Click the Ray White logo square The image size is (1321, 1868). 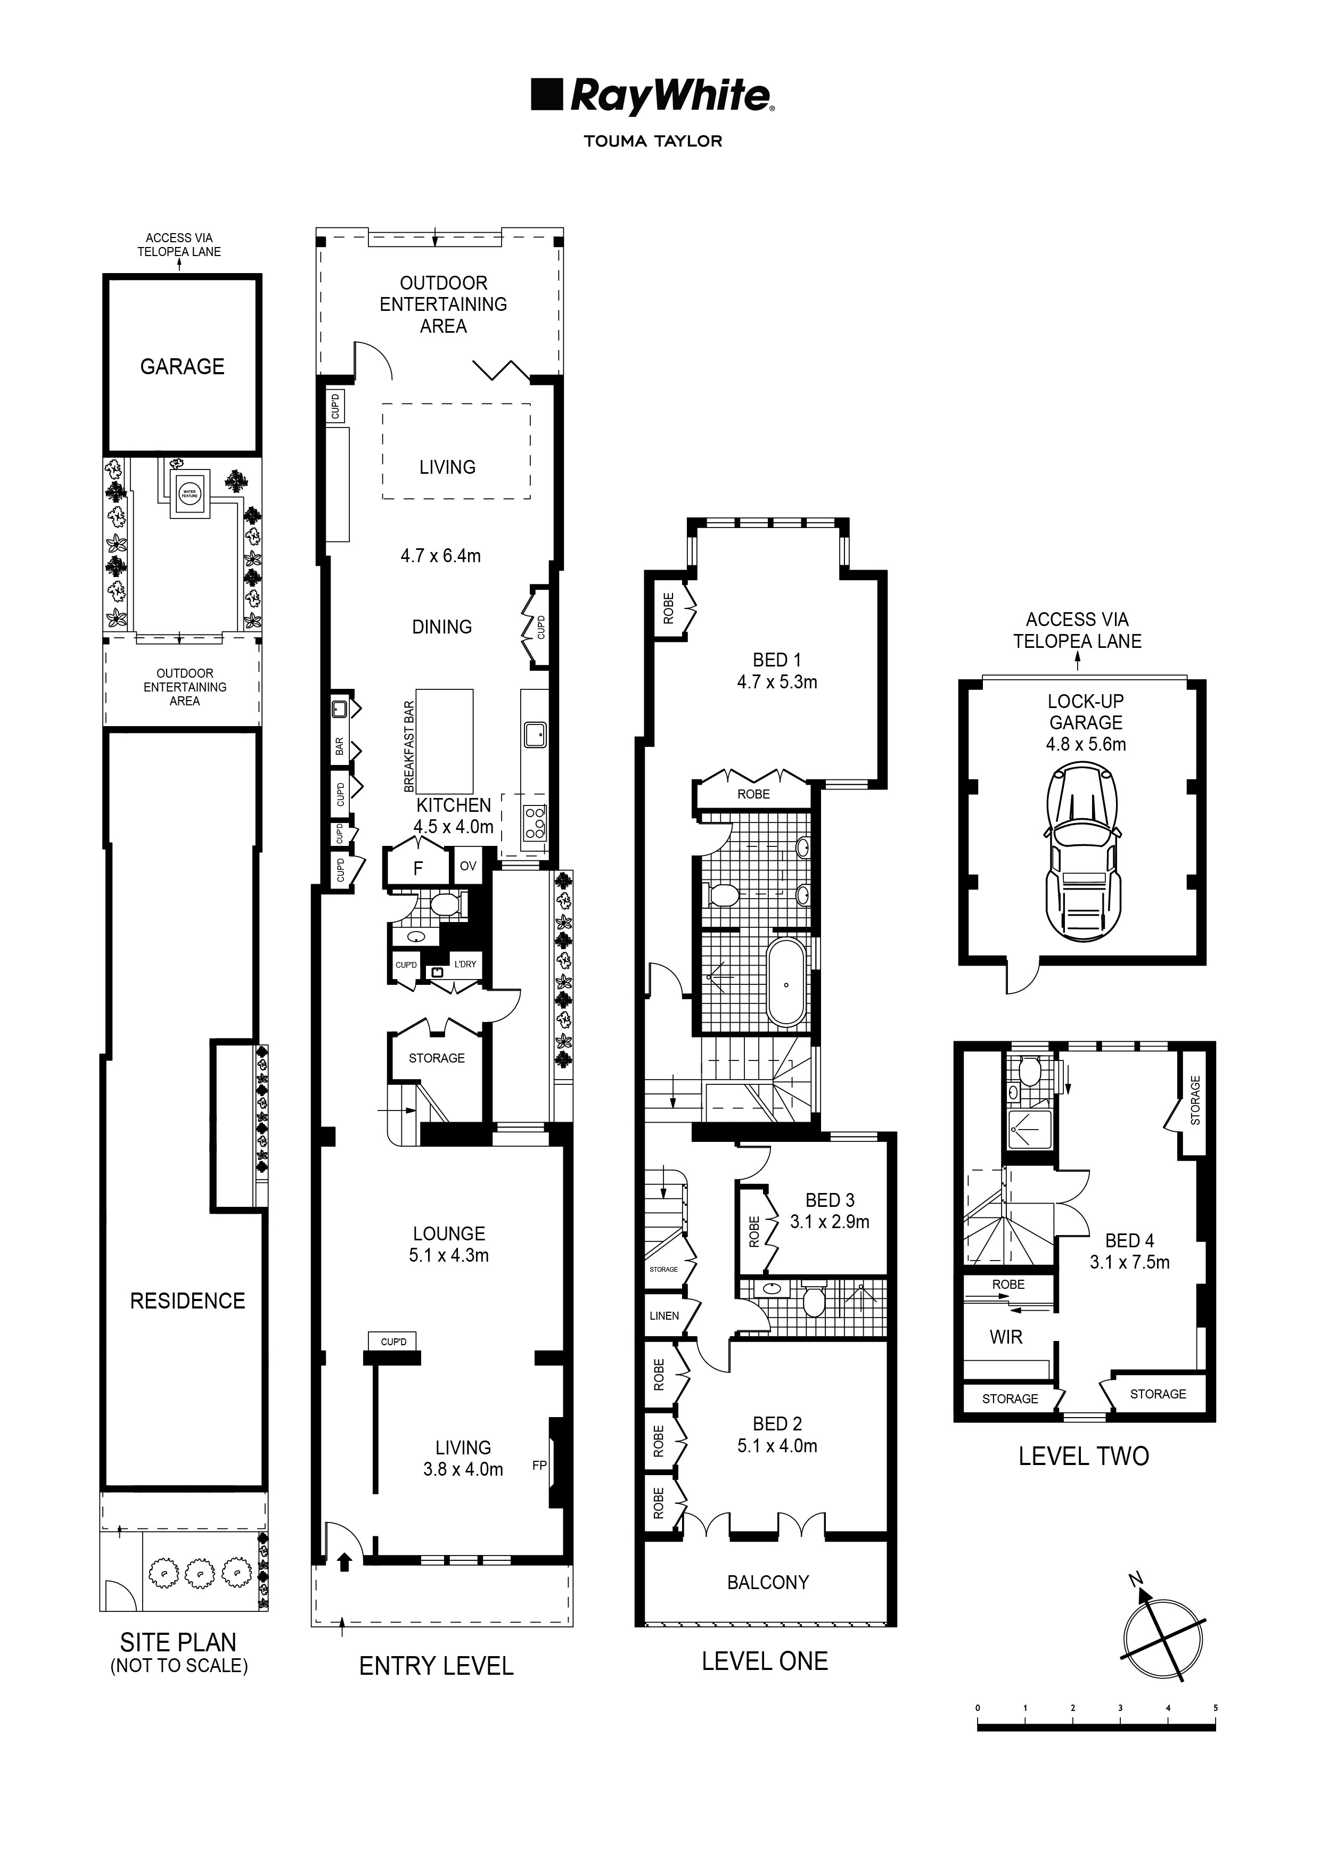pos(547,94)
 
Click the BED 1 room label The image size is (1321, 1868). pos(776,660)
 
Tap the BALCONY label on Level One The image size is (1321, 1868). pos(768,1583)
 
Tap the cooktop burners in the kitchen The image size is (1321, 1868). pos(534,822)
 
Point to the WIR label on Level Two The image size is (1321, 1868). pos(1005,1337)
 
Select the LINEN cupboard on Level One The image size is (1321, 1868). pos(664,1315)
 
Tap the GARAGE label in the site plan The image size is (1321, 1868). pos(182,367)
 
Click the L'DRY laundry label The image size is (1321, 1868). pos(465,964)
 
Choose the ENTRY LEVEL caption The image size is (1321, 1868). pos(436,1666)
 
